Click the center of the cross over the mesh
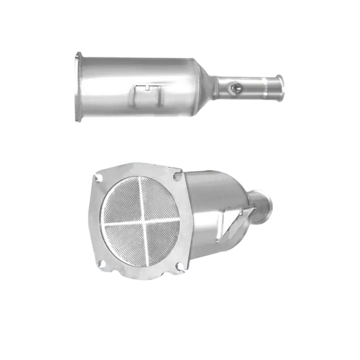[x=137, y=220]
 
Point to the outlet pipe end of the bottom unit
[x=264, y=203]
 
